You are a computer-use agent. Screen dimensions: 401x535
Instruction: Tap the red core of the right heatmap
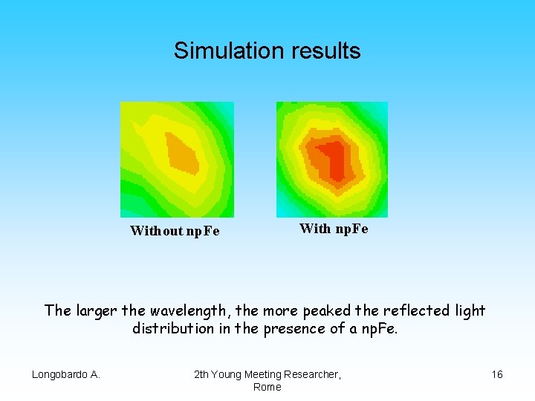(336, 160)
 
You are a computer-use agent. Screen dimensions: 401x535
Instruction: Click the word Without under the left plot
(156, 231)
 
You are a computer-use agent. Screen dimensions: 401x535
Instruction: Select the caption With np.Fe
(334, 229)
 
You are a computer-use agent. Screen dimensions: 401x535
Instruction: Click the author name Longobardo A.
(66, 374)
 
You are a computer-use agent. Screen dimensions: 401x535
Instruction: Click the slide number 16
(497, 374)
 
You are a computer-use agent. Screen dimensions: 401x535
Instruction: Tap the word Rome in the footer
(267, 387)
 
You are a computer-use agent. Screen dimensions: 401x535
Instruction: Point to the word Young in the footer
(227, 374)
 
